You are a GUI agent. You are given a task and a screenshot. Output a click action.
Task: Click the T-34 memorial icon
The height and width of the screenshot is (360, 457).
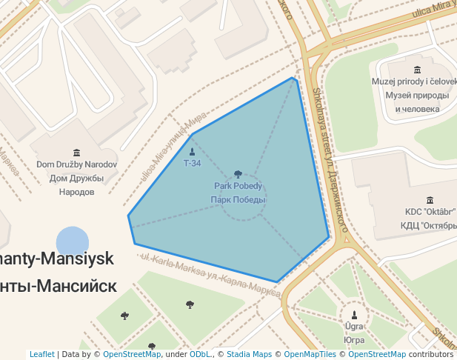tap(192, 152)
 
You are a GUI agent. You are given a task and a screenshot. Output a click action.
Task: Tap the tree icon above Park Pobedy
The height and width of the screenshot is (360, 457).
tap(238, 174)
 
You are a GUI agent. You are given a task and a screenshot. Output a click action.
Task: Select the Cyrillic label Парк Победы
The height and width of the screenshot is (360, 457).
tap(238, 200)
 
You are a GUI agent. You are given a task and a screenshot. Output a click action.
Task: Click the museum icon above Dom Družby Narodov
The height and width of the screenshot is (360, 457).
tap(77, 153)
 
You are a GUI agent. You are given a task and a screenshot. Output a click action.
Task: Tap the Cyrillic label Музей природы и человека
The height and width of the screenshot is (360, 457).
tap(416, 102)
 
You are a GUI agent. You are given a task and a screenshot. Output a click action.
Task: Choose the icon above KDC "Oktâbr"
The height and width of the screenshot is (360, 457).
tap(430, 200)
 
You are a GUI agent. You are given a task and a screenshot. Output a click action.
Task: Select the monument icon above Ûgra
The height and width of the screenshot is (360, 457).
tap(354, 314)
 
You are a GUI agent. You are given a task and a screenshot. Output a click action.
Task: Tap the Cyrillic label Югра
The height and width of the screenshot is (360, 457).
tap(354, 340)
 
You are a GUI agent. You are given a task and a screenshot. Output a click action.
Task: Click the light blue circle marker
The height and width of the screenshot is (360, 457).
tap(73, 243)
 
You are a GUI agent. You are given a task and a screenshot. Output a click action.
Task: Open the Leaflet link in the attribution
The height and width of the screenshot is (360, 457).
tap(42, 354)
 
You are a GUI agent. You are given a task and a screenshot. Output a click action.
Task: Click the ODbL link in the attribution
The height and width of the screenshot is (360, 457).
tap(200, 354)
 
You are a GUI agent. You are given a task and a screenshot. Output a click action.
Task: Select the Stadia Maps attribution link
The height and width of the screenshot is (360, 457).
tap(248, 354)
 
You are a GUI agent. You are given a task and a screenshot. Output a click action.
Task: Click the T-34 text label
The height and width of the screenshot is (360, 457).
tap(192, 163)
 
